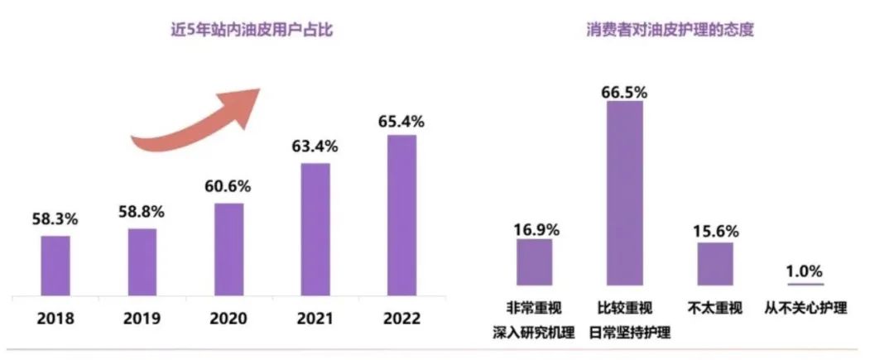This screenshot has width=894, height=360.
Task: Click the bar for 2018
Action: pos(55,266)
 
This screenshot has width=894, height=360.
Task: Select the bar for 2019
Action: pos(142,262)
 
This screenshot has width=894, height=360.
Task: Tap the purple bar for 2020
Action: pos(229,249)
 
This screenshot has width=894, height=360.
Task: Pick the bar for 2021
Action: pos(316,229)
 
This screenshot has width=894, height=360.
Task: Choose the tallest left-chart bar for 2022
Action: pos(402,215)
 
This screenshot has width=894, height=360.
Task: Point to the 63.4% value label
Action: pos(315,146)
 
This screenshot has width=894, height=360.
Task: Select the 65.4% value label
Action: pos(402,121)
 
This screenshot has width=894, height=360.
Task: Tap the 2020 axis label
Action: pos(228,319)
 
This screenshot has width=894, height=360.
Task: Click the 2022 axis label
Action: pos(402,319)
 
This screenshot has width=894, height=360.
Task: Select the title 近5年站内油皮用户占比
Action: pos(252,30)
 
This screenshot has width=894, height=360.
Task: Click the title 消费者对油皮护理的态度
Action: pos(670,30)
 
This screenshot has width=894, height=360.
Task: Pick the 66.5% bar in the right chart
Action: pos(625,193)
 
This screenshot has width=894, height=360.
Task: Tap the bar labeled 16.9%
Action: pos(534,262)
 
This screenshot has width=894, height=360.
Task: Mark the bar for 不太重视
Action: pos(715,264)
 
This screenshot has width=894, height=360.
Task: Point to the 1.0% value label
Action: pos(805,271)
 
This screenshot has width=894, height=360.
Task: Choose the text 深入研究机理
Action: pos(534,333)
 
